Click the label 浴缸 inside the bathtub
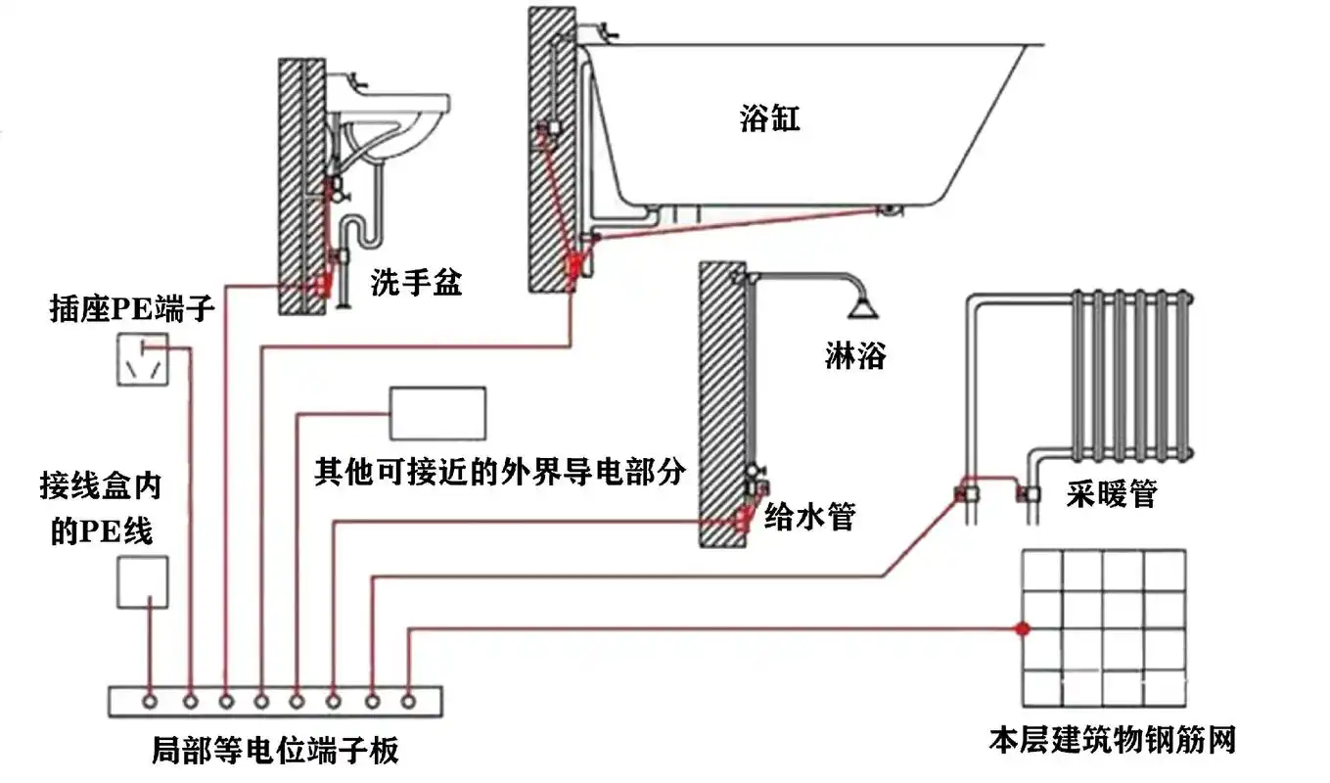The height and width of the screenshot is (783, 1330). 769,119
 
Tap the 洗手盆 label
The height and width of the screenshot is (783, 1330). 416,284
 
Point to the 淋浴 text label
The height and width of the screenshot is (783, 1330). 854,355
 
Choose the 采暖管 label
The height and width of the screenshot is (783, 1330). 1111,494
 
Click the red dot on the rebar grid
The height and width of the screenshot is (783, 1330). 1022,628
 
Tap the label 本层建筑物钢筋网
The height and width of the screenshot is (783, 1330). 1112,739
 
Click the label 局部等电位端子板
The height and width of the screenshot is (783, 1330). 275,751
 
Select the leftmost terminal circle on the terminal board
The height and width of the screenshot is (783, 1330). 150,702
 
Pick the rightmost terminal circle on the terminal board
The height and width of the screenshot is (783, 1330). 408,702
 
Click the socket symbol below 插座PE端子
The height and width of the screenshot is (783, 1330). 142,359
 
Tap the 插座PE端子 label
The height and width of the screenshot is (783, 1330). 132,311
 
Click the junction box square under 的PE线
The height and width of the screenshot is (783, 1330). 142,582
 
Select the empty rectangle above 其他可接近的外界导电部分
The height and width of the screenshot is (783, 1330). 437,413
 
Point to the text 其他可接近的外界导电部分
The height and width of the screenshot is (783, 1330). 499,472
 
